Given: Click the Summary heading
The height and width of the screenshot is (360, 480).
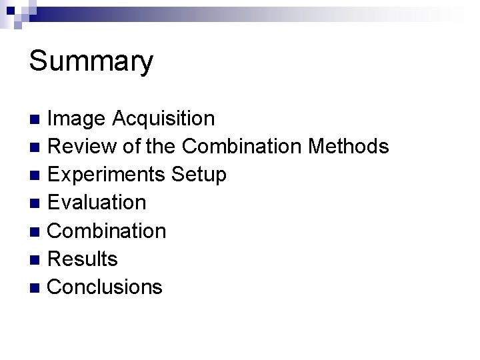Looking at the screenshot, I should click(91, 62).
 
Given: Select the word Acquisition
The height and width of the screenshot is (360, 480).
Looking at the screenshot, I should click(163, 119).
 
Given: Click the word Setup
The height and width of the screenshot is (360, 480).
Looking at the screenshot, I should click(199, 175).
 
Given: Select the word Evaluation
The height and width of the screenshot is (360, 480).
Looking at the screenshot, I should click(97, 203).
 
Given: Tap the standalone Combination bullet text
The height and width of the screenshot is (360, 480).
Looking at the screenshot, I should click(107, 231).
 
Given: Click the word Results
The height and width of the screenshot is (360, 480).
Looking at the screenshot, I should click(83, 259).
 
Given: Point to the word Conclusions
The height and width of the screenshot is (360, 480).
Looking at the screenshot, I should click(105, 287).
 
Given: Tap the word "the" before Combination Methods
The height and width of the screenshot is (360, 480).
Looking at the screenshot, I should click(160, 147).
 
